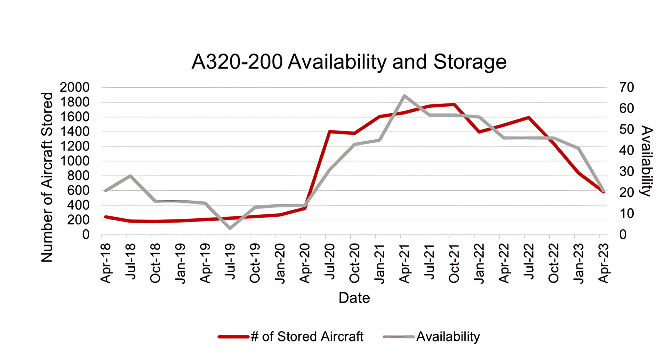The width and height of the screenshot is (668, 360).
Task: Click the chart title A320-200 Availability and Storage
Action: tap(349, 62)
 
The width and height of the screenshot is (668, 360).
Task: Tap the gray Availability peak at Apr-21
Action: tap(404, 96)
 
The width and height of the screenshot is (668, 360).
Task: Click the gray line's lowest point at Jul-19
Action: tap(230, 228)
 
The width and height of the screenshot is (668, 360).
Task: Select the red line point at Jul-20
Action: tap(329, 132)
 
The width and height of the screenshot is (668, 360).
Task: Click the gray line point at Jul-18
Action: tap(130, 176)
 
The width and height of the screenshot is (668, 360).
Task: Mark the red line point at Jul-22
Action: tap(528, 117)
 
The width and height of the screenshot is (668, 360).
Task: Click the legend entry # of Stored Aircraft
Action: tap(307, 337)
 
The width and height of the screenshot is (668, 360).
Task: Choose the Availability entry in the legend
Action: tap(448, 337)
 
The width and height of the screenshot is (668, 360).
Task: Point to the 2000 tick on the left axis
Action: tap(74, 87)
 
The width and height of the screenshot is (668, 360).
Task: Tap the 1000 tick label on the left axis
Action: tap(74, 161)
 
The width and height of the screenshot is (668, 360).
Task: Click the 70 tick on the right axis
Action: tap(627, 87)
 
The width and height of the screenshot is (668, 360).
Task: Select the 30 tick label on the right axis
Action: tap(627, 171)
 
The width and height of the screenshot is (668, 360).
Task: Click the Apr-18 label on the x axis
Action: tap(106, 263)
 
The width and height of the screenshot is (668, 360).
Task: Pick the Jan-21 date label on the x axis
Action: tap(379, 263)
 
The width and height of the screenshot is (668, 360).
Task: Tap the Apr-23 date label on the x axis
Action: tap(603, 263)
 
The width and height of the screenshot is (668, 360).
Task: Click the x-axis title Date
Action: tap(354, 298)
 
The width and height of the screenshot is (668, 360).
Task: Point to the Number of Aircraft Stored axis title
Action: tap(47, 177)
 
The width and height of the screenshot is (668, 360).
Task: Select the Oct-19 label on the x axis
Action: tap(255, 263)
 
